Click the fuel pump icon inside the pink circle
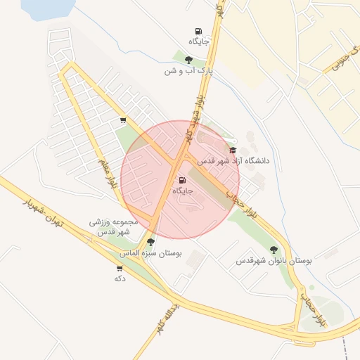tap(183, 180)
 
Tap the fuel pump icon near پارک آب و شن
tap(198, 32)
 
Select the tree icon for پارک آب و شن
tap(188, 60)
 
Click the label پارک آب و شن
tap(188, 71)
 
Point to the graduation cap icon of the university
tap(233, 150)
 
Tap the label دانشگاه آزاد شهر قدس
tap(233, 161)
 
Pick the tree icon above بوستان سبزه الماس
tap(150, 242)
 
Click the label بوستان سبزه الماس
tap(150, 252)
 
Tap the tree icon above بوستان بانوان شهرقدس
tap(274, 250)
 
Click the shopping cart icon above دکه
tap(119, 268)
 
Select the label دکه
tap(120, 278)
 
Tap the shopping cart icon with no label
tap(124, 120)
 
